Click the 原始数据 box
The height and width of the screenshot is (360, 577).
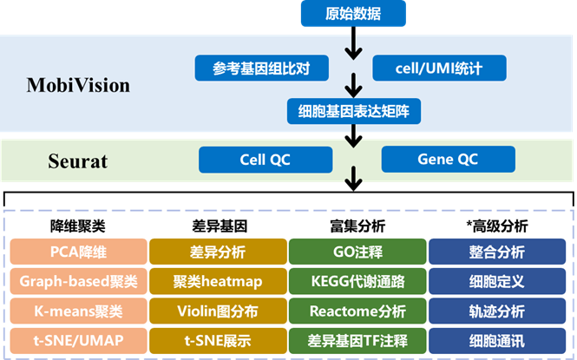click(x=353, y=14)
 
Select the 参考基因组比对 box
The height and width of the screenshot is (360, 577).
click(x=262, y=68)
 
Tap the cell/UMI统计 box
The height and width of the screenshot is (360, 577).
click(x=439, y=68)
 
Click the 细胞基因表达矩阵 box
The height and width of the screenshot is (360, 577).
click(x=354, y=111)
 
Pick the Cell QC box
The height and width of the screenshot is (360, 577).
click(x=266, y=160)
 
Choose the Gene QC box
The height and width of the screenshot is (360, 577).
click(x=449, y=160)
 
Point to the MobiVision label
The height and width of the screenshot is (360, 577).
click(x=78, y=85)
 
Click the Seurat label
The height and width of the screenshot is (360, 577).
click(x=77, y=161)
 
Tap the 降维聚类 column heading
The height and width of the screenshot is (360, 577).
click(x=78, y=226)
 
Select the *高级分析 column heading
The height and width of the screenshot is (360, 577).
click(x=497, y=226)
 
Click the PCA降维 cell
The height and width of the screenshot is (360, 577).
click(x=78, y=252)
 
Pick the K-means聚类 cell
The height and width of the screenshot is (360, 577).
click(x=78, y=311)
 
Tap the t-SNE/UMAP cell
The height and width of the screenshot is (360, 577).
click(x=78, y=341)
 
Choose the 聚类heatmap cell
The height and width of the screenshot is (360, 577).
click(x=218, y=281)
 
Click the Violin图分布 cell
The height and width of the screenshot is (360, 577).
click(x=218, y=311)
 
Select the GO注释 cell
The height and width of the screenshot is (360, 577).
click(x=357, y=252)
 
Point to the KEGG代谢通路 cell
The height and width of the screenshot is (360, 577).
click(x=357, y=281)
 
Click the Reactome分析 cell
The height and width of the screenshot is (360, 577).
click(x=357, y=311)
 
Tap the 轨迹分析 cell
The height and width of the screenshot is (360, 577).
click(x=497, y=311)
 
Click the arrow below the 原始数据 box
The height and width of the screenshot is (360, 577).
click(x=353, y=43)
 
